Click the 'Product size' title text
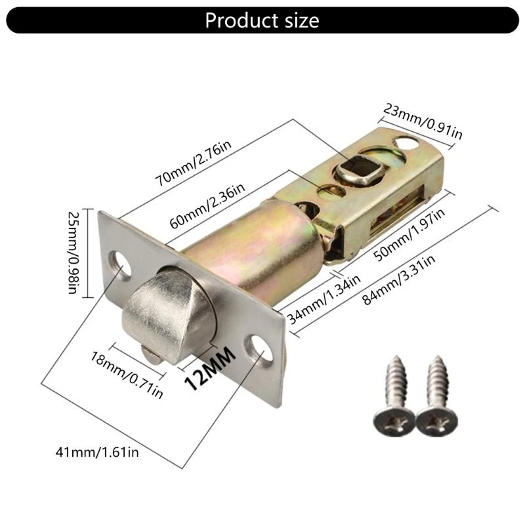pos(262,20)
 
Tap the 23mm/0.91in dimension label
pos(423,121)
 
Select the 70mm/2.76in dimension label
pos(193,163)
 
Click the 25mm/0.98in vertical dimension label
pos(73,253)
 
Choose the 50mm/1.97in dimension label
pos(409,234)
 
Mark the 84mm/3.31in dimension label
pos(399,280)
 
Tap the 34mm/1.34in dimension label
pos(324,300)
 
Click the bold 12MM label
pos(210,368)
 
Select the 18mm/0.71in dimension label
pos(127,375)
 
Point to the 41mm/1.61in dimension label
pos(97,452)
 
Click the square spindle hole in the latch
pos(359,169)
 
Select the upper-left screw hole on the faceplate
pos(120,265)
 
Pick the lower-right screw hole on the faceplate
pos(259,350)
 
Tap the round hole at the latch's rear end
pos(406,143)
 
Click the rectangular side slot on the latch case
pos(398,210)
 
